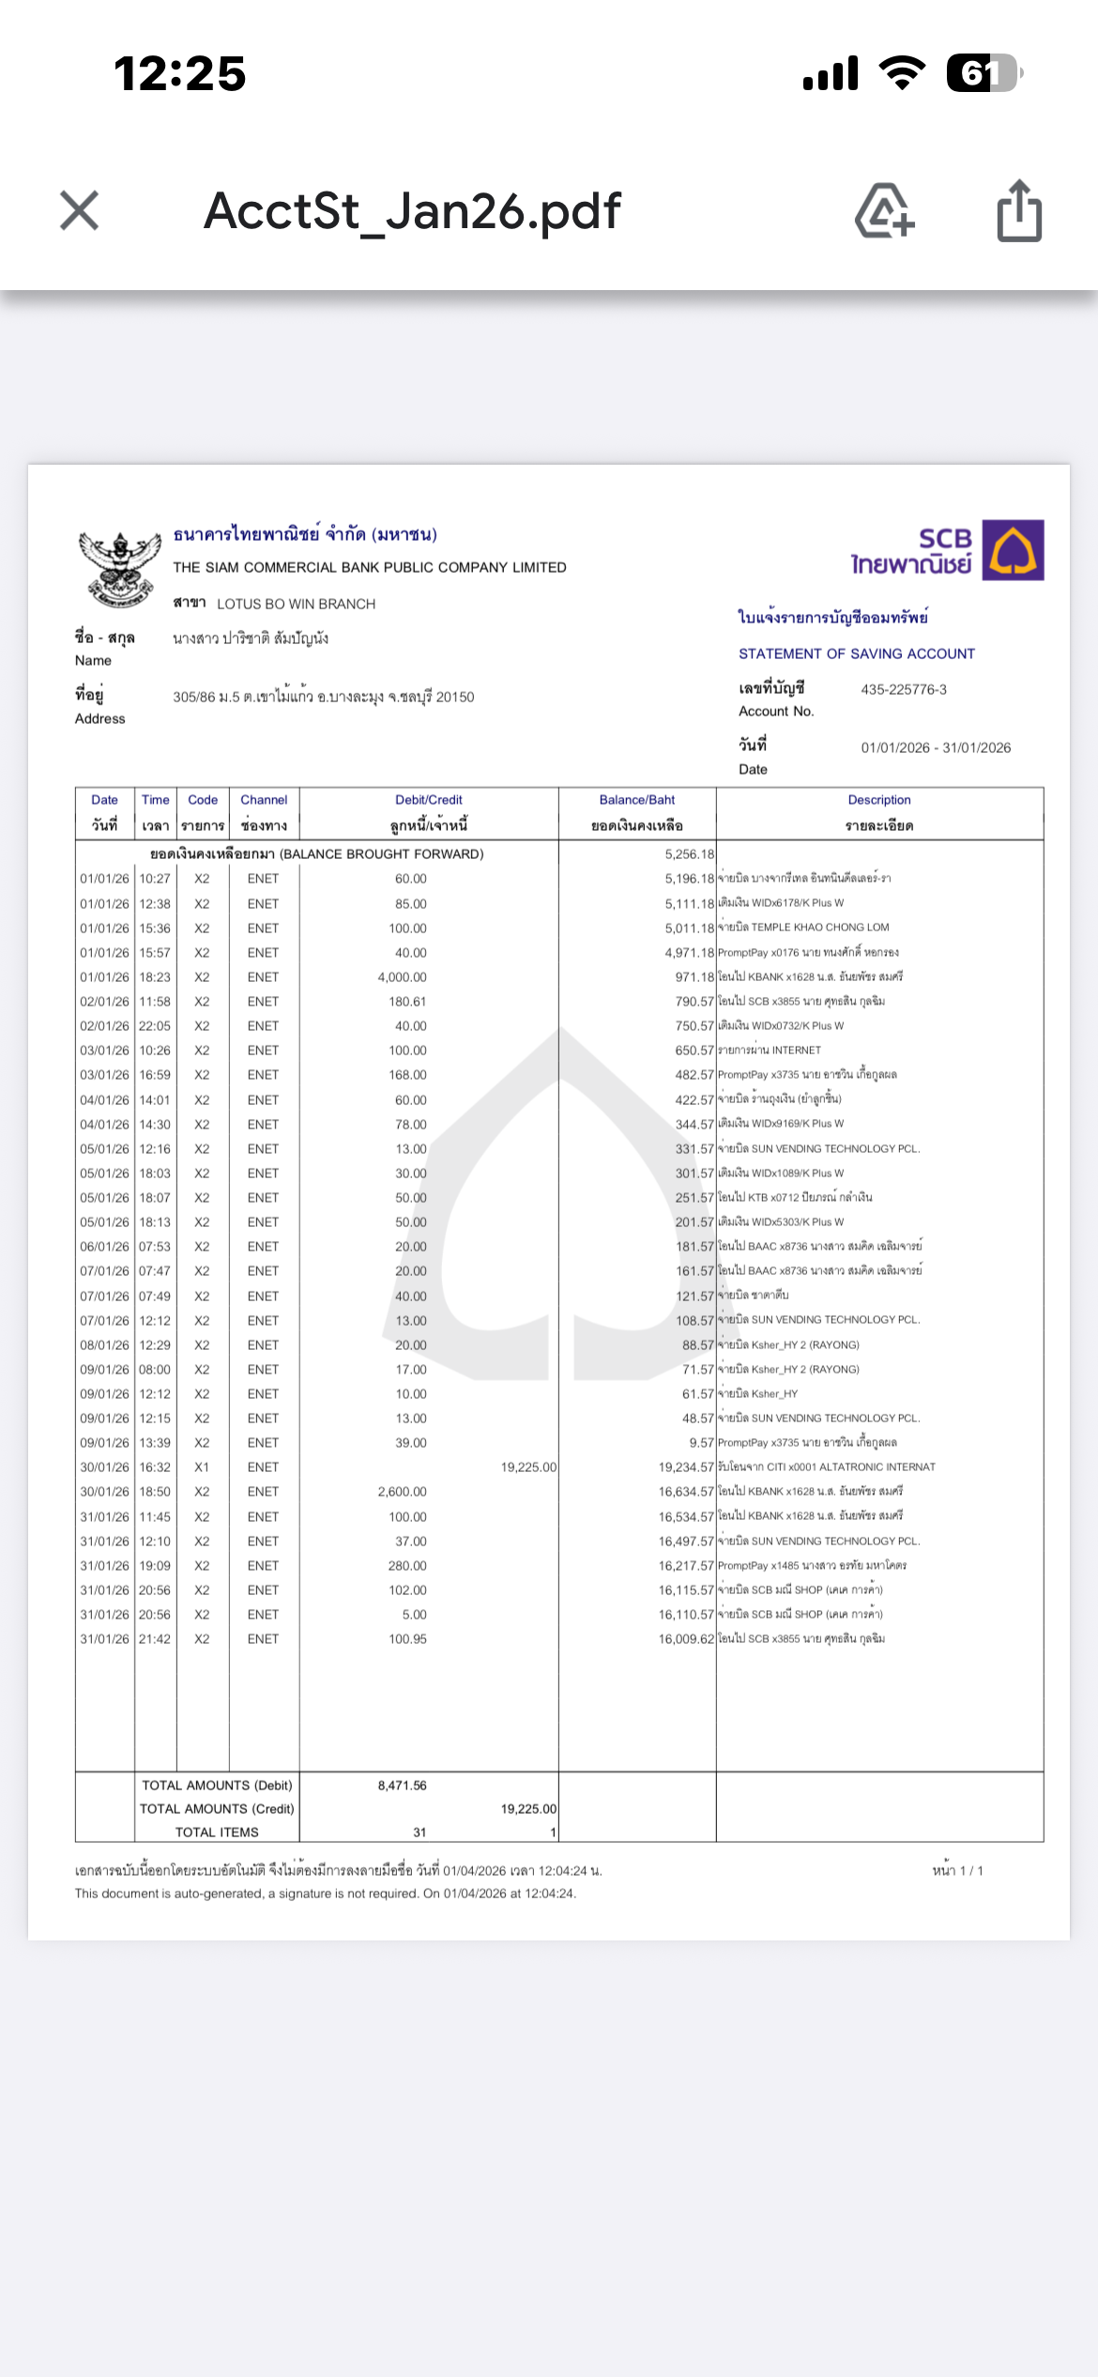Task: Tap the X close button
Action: click(80, 210)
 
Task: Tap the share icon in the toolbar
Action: click(1019, 211)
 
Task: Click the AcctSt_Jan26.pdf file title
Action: click(412, 211)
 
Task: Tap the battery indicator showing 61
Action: click(982, 73)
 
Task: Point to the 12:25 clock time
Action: click(180, 73)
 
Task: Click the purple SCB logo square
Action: click(1013, 550)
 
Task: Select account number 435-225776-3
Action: click(904, 690)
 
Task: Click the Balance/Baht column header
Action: click(637, 801)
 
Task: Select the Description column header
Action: click(879, 801)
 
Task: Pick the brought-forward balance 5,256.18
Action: click(690, 854)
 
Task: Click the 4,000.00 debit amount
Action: click(402, 977)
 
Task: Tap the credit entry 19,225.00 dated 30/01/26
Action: click(528, 1467)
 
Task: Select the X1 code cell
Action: click(202, 1467)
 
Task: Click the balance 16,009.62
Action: click(686, 1639)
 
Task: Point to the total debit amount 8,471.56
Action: click(402, 1786)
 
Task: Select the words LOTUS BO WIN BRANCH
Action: click(296, 605)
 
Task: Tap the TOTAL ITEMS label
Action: click(217, 1833)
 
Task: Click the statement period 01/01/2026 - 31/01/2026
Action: click(936, 748)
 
